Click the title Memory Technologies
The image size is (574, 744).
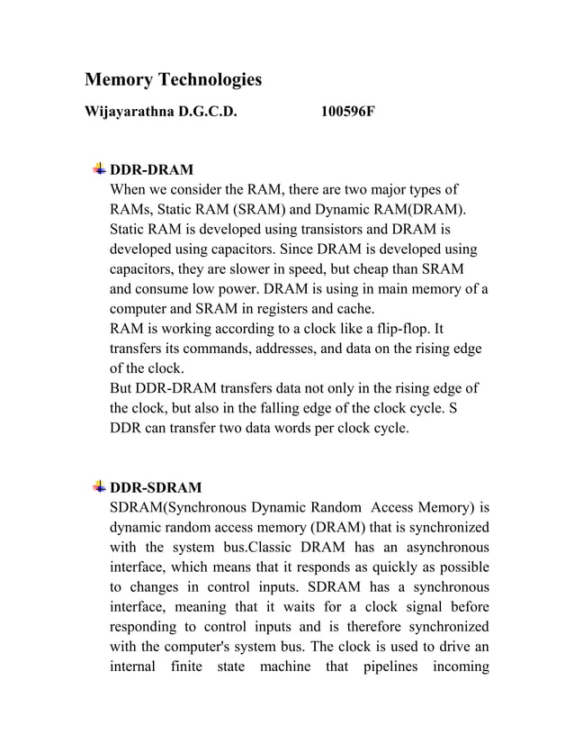[173, 80]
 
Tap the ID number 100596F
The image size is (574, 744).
[347, 113]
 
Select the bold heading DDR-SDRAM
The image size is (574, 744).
[155, 487]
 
